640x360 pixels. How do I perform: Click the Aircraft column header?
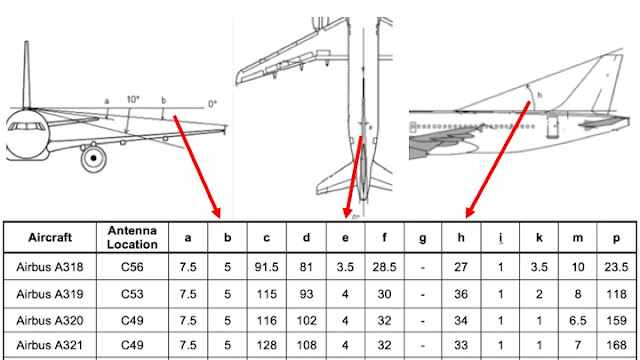tap(50, 238)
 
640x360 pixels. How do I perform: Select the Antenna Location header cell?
tap(132, 238)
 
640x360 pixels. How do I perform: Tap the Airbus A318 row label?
tap(50, 267)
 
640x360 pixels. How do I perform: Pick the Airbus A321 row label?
tap(50, 345)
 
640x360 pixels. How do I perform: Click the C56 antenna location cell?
tap(132, 267)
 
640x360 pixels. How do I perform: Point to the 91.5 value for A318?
tap(267, 267)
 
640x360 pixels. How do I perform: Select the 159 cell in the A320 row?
tap(616, 320)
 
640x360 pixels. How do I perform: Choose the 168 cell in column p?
tap(616, 345)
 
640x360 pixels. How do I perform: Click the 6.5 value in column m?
tap(578, 320)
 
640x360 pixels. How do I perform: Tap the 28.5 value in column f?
tap(384, 267)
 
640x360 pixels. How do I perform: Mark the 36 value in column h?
tap(461, 294)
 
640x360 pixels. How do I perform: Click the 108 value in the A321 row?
tap(306, 345)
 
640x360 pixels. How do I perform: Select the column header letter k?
tap(539, 238)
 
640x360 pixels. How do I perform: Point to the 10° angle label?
tap(133, 100)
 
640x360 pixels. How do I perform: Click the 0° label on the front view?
tap(212, 104)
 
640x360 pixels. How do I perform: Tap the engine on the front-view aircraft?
tap(93, 158)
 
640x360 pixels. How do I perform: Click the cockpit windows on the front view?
tap(27, 126)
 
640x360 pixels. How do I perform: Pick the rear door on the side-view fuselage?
tap(553, 127)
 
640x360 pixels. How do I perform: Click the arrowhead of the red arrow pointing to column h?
tap(469, 213)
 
